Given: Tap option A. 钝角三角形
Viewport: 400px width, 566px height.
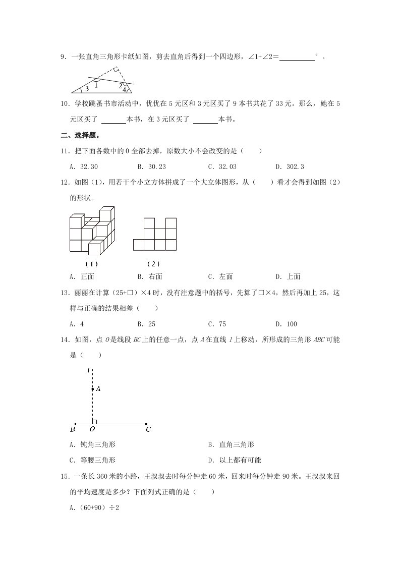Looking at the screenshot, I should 93,444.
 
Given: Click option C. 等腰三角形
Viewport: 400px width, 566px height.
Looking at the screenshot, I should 93,460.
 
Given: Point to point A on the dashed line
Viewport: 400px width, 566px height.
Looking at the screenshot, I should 92,389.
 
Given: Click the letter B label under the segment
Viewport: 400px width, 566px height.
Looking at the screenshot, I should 73,430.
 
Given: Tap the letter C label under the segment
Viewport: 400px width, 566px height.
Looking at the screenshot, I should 148,430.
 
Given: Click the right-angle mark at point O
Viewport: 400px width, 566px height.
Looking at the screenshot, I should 94,421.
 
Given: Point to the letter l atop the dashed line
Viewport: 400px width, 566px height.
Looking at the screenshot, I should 88,371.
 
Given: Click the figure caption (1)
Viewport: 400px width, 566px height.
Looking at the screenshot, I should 91,264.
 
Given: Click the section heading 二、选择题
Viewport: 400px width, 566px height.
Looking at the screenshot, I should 80,135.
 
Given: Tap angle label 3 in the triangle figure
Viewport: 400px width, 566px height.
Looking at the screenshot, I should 87,88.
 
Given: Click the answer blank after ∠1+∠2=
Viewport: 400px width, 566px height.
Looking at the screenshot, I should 297,58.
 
